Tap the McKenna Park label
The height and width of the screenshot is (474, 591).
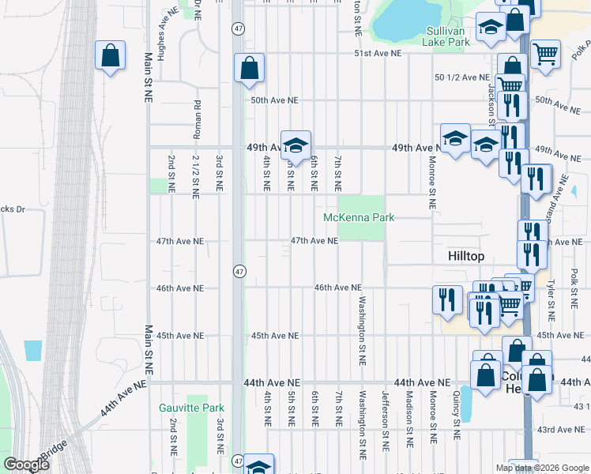click(x=358, y=217)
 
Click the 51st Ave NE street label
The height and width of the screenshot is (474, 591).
click(x=378, y=53)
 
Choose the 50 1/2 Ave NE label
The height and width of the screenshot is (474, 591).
click(x=462, y=77)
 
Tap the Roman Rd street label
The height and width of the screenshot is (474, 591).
click(x=197, y=115)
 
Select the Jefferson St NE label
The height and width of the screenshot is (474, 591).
click(x=386, y=413)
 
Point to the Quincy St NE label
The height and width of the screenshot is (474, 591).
click(x=457, y=413)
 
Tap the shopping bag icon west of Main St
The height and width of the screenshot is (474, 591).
click(x=110, y=56)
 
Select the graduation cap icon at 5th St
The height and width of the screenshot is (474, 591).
click(x=295, y=145)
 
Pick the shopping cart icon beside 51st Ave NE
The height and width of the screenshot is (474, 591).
click(x=545, y=55)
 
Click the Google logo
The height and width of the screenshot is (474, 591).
click(x=26, y=465)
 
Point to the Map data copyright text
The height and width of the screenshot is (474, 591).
click(x=542, y=468)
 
